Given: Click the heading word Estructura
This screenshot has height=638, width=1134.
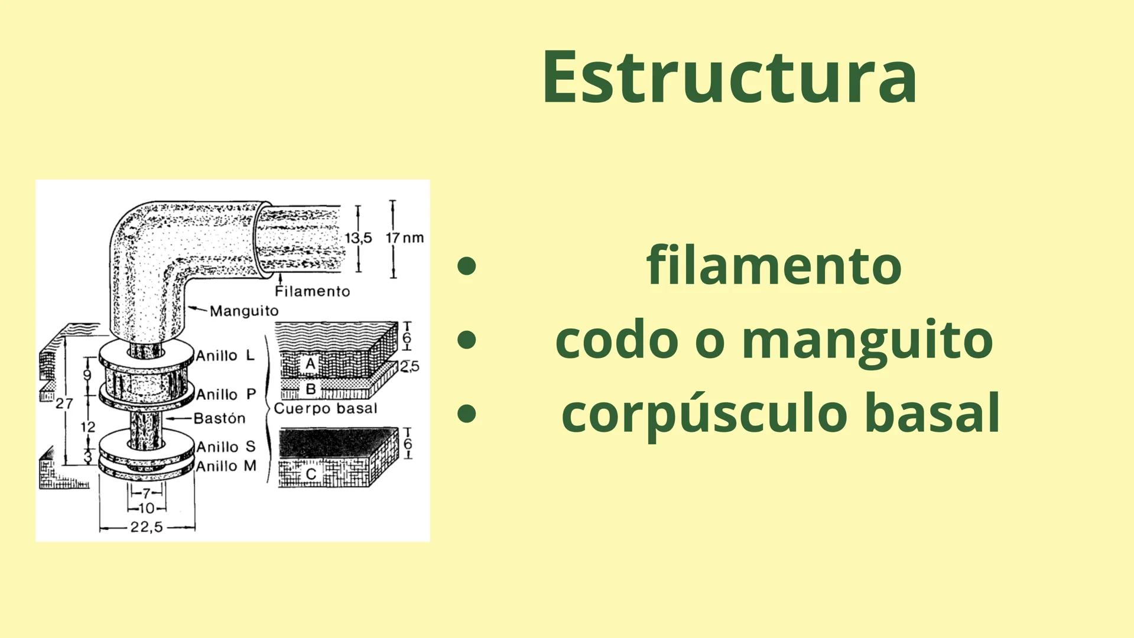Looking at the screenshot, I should click(729, 77).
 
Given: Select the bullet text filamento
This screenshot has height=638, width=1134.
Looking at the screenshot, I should click(774, 266).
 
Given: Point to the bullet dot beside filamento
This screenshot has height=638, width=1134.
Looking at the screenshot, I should click(467, 266).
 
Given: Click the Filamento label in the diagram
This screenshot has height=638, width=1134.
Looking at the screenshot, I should click(312, 291).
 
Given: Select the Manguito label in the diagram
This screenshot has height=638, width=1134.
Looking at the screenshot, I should click(244, 311).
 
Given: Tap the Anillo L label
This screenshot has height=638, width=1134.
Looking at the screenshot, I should click(225, 356).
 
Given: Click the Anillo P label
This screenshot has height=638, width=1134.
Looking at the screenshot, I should click(226, 394).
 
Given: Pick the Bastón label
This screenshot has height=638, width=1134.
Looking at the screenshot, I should click(219, 418).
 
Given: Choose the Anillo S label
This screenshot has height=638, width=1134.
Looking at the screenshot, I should click(226, 447).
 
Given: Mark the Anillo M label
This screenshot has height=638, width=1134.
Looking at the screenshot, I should click(226, 466).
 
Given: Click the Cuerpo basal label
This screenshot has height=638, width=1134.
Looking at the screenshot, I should click(325, 408).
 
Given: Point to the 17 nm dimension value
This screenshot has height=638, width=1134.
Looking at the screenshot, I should click(405, 238).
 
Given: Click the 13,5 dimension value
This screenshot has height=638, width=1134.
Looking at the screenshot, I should click(358, 238).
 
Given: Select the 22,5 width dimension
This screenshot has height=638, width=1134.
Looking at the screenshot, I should click(147, 527).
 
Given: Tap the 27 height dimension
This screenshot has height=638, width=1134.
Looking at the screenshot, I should click(64, 403).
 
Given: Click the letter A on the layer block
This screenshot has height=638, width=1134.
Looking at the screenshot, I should click(310, 364).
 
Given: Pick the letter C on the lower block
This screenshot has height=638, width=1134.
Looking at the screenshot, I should click(311, 474).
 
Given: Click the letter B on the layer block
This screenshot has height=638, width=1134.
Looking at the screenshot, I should click(310, 389).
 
